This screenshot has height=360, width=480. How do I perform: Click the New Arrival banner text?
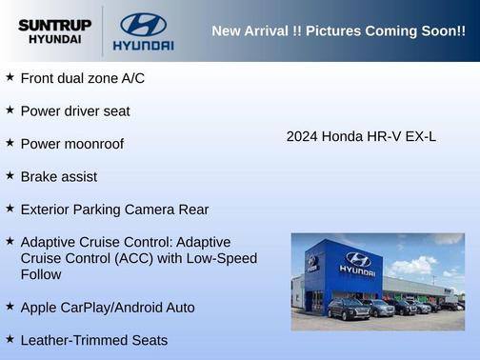[338, 31]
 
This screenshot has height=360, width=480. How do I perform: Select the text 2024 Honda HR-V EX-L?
[361, 136]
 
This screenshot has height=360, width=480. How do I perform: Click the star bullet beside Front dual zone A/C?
[10, 77]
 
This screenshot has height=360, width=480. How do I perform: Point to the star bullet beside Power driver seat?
[10, 110]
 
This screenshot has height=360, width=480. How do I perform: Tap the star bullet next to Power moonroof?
[10, 143]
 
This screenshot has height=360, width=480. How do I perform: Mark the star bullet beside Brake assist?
[10, 176]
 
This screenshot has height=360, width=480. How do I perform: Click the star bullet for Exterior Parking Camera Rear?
[10, 209]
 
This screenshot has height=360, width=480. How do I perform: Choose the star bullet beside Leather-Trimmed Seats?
[10, 339]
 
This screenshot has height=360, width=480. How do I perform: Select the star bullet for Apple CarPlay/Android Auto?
[10, 307]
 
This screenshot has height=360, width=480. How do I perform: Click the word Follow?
[42, 274]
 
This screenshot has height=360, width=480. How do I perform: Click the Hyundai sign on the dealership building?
[357, 263]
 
